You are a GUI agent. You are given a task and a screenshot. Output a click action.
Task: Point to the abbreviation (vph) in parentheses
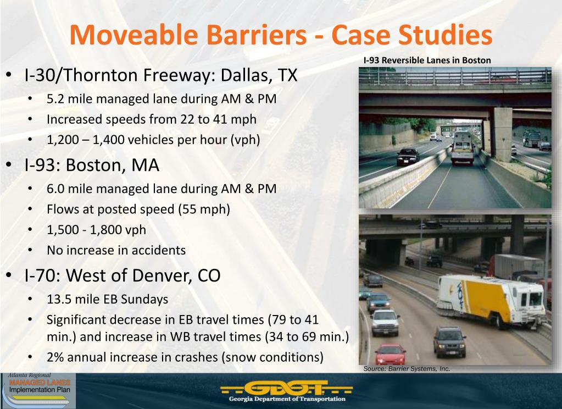click(x=246, y=140)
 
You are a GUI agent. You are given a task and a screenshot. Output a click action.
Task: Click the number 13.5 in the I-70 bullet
click(x=59, y=300)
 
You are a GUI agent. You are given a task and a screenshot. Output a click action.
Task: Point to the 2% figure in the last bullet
click(x=54, y=357)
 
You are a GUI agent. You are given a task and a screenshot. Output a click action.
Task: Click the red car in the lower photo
click(x=389, y=353)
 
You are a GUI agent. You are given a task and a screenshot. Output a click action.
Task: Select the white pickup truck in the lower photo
click(x=385, y=322)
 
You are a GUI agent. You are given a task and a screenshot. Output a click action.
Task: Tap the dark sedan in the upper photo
click(x=407, y=156)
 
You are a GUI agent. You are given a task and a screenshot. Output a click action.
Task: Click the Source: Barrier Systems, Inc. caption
click(x=407, y=369)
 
